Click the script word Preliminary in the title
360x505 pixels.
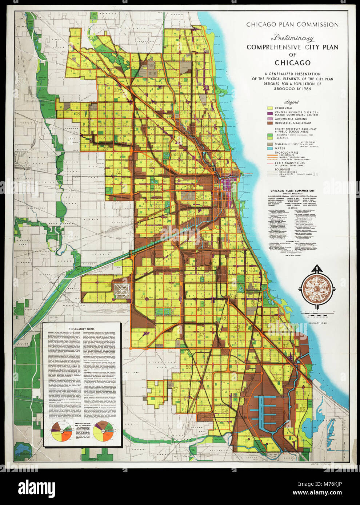[292, 38]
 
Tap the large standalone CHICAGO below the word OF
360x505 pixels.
[292, 63]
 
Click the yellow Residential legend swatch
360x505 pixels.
[270, 108]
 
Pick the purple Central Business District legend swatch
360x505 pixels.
[270, 114]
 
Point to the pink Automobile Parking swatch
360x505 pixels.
[270, 119]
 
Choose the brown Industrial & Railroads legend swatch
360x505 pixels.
[270, 124]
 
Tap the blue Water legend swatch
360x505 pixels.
[270, 149]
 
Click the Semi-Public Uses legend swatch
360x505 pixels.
[270, 144]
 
